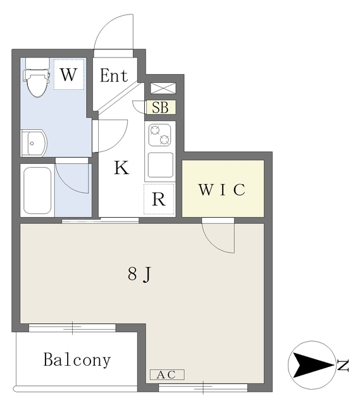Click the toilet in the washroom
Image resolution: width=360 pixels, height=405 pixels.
[36, 77]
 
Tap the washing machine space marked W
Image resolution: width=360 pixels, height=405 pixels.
[69, 75]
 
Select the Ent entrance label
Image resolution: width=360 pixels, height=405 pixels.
[114, 75]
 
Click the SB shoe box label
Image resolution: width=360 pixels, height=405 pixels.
[160, 107]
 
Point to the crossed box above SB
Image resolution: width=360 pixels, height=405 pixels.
[163, 88]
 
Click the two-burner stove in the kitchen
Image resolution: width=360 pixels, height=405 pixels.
[159, 135]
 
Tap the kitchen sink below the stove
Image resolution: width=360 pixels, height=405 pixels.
[160, 165]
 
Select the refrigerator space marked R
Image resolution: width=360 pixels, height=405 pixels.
[159, 199]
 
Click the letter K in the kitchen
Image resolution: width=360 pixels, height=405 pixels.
[121, 167]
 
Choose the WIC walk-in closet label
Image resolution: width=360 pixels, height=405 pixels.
[222, 190]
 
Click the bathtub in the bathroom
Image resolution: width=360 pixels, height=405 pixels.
[37, 190]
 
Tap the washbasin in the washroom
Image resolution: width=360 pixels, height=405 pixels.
[34, 143]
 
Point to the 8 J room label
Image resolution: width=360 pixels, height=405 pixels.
[139, 274]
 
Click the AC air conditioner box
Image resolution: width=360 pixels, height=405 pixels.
[167, 375]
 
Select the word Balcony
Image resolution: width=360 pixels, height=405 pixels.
[77, 359]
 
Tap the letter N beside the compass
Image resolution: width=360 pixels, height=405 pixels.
[344, 365]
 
